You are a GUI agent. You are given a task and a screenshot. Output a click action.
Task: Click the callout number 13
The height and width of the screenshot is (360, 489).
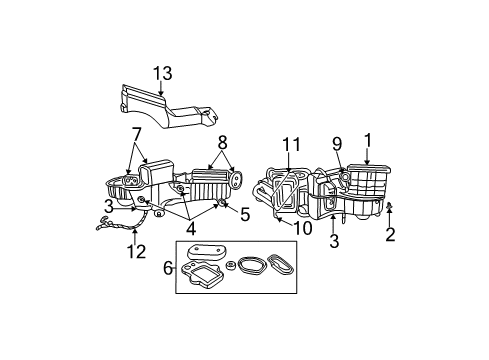pyautogui.click(x=162, y=73)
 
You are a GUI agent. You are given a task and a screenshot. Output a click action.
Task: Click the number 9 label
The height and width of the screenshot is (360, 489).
pyautogui.click(x=336, y=142)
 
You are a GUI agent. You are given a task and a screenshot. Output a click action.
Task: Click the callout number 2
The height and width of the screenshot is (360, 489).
pyautogui.click(x=390, y=236)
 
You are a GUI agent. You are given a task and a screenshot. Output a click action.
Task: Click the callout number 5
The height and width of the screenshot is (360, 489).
pyautogui.click(x=244, y=213)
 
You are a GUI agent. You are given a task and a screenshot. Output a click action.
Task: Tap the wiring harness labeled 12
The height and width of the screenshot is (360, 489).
pyautogui.click(x=115, y=231)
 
